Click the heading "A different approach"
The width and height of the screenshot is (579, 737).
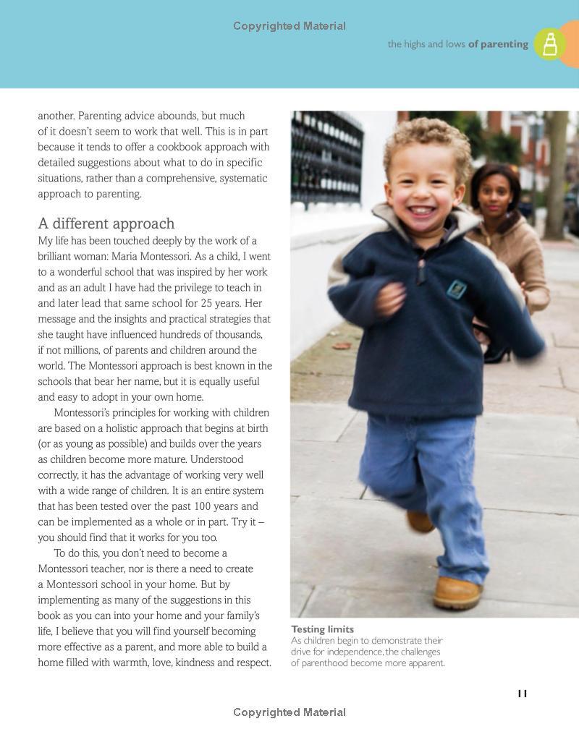click(106, 223)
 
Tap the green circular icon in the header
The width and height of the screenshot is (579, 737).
click(550, 44)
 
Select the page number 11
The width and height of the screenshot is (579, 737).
click(523, 694)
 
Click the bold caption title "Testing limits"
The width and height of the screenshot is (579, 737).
click(322, 629)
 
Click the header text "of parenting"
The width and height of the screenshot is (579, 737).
click(498, 44)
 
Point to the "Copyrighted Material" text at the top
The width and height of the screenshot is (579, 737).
click(289, 26)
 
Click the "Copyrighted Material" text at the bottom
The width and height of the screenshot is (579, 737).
click(289, 712)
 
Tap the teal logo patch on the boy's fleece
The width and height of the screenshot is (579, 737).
click(456, 289)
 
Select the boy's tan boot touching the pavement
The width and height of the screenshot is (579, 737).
click(457, 592)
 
